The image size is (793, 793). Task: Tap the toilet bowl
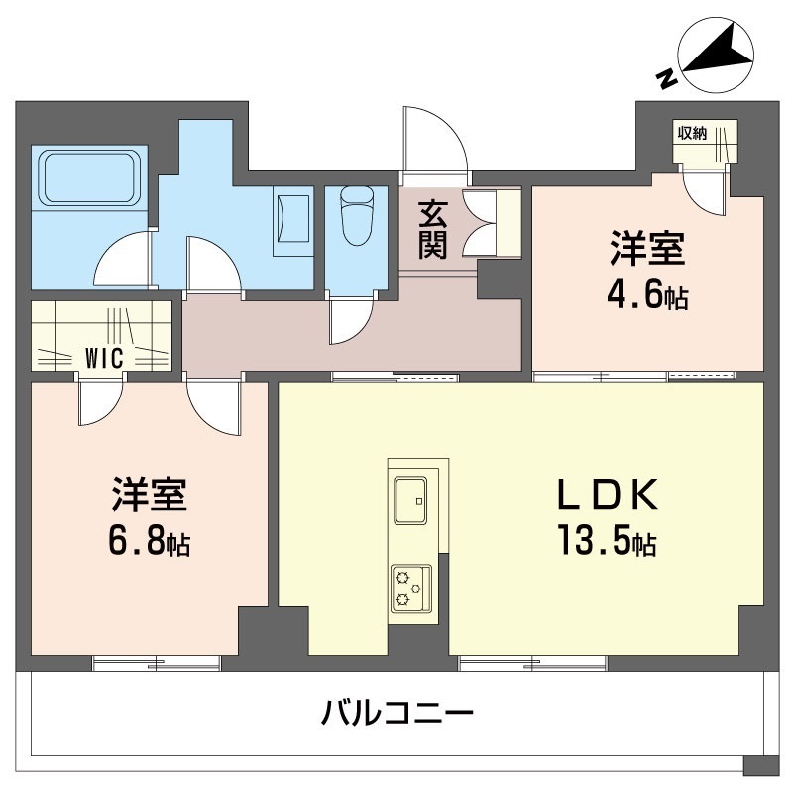355,214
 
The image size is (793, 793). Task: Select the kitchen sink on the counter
410,499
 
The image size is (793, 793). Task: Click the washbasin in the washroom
293,215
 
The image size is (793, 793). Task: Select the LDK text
605,493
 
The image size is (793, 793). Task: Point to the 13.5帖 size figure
605,543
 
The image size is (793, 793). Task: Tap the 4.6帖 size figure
649,297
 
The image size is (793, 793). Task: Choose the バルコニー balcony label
397,711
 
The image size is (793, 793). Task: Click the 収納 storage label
693,134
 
